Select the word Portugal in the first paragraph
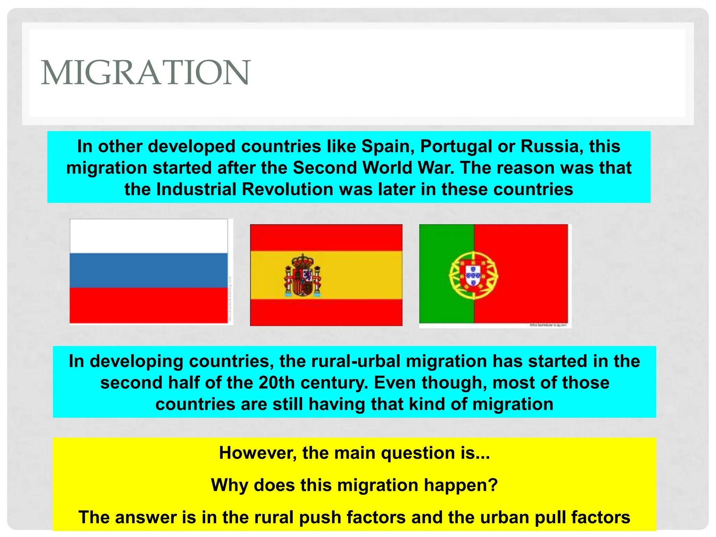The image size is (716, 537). (x=456, y=146)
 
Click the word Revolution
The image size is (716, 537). (x=287, y=189)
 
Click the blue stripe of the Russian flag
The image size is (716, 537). (x=149, y=270)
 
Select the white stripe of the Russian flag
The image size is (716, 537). (x=149, y=236)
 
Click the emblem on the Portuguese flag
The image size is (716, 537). (x=474, y=275)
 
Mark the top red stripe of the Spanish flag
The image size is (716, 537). (x=326, y=237)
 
